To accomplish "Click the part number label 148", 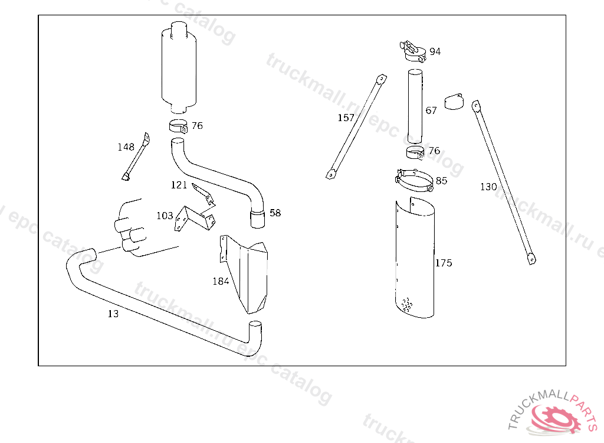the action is (126, 147).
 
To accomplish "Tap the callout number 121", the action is (179, 185).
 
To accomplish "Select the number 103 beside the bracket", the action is (165, 216).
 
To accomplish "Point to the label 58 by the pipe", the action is (275, 213).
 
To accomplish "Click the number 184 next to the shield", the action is (221, 281).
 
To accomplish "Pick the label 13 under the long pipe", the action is (113, 314).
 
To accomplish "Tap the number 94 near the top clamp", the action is (435, 52).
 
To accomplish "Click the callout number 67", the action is (431, 111).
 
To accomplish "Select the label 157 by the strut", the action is (346, 118).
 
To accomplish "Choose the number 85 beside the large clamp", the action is (441, 181).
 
